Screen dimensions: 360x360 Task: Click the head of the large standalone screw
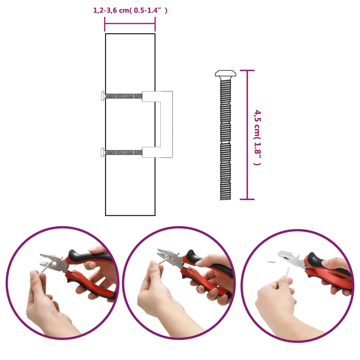tap(225, 74)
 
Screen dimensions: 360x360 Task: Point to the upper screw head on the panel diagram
tap(102, 95)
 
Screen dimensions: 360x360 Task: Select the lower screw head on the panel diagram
tap(102, 152)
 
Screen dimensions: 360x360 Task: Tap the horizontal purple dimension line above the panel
tap(130, 24)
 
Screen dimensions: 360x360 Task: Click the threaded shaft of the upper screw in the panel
tap(123, 95)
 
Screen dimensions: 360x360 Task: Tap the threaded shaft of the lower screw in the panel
tap(123, 152)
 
